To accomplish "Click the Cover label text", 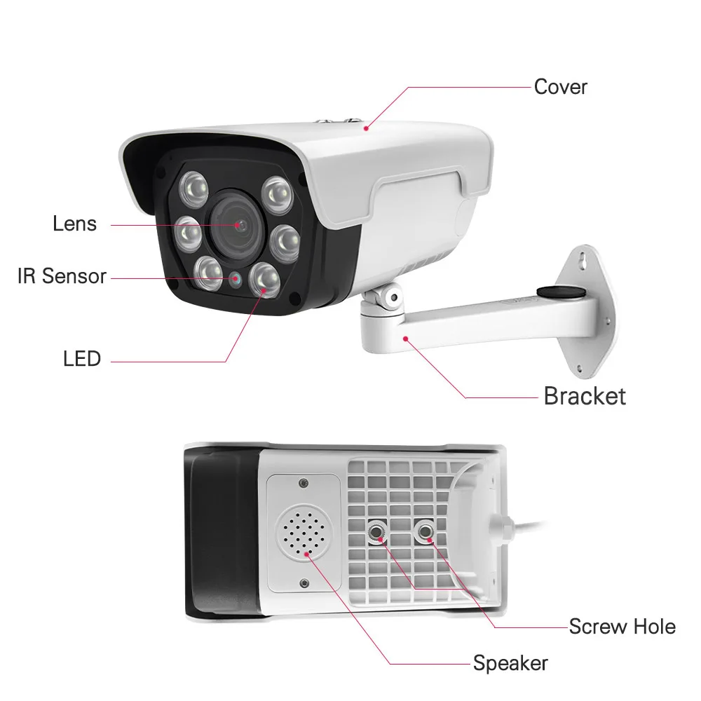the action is (x=560, y=87).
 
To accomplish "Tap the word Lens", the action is (x=74, y=224).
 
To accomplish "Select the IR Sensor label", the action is (x=62, y=276).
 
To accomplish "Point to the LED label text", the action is (x=81, y=359).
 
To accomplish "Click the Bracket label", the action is (x=584, y=396).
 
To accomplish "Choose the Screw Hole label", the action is (x=622, y=626).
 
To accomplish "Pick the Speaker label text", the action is (x=510, y=662).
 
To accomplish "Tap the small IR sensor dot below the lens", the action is (x=236, y=278).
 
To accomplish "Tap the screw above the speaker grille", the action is (x=302, y=484).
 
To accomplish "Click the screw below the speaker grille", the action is (x=304, y=583).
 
